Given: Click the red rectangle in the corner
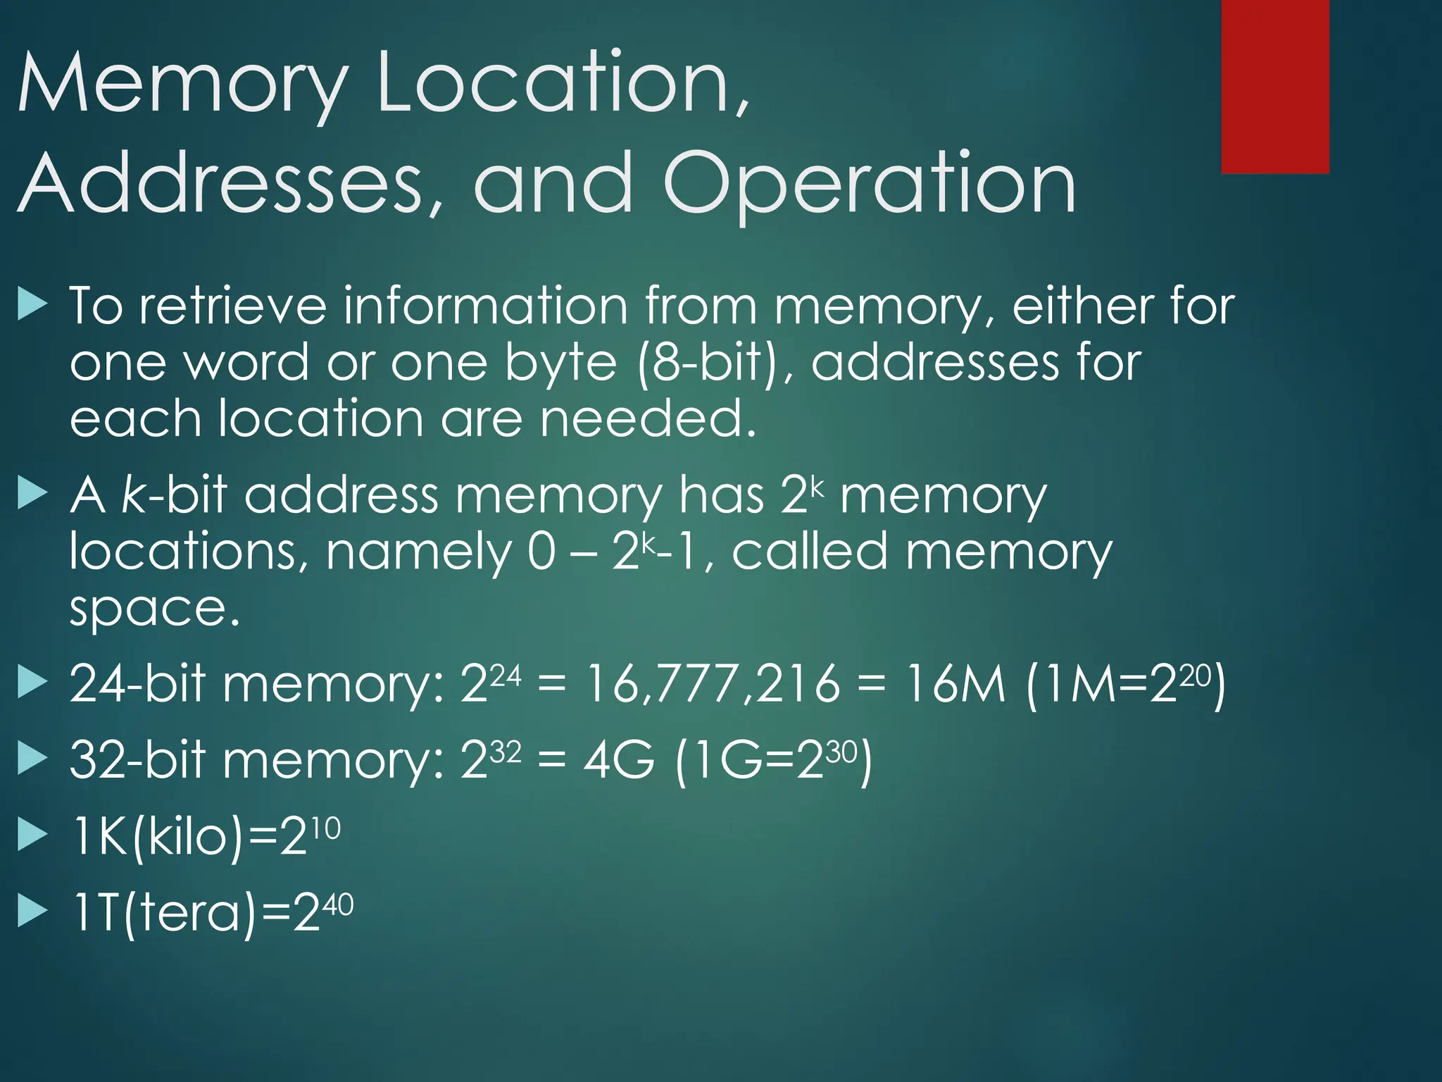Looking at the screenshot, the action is [1274, 86].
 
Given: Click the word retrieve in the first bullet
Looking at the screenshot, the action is [233, 306].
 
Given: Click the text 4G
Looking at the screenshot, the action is [619, 760].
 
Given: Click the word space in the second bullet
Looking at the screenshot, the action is [155, 609].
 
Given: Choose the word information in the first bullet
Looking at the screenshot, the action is [486, 306].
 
